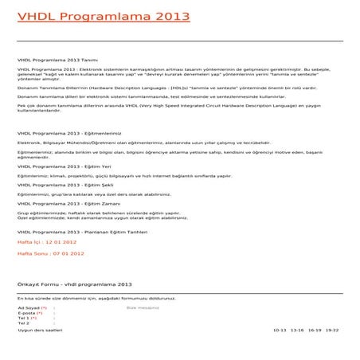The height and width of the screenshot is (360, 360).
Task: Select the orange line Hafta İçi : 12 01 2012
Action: [47, 241]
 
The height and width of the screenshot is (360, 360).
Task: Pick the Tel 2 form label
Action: [24, 323]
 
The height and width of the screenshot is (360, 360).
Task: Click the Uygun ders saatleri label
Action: [40, 330]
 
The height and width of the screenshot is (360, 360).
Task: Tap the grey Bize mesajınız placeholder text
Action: [143, 307]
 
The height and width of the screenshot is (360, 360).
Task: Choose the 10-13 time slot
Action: [280, 330]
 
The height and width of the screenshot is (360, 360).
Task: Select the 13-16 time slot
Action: [297, 330]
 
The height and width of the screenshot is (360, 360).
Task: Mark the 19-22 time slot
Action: [332, 330]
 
